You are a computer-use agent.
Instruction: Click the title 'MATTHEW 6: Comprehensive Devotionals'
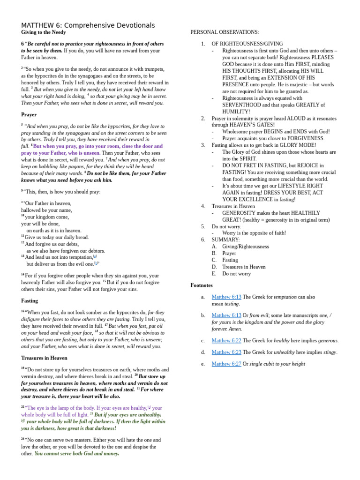[88, 25]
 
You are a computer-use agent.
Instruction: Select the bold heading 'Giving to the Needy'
[44, 32]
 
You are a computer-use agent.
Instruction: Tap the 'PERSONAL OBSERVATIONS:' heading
[225, 32]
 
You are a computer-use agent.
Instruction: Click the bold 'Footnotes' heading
[202, 285]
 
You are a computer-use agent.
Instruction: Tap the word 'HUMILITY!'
[236, 112]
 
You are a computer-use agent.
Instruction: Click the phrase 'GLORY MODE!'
[299, 145]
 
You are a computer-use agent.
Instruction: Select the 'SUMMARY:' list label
[225, 240]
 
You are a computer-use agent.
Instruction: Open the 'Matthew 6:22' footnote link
[226, 340]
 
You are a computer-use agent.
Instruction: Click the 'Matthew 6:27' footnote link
[226, 364]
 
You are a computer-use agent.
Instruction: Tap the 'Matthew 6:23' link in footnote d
[226, 352]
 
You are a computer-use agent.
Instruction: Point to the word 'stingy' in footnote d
[329, 352]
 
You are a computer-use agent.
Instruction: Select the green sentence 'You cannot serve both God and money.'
[77, 454]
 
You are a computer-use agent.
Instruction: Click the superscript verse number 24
[22, 439]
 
